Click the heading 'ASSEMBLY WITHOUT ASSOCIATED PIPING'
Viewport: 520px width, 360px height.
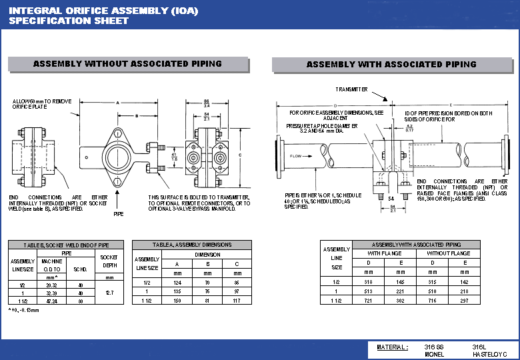[x=127, y=64]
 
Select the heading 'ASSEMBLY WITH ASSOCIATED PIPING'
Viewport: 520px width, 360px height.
[x=391, y=65]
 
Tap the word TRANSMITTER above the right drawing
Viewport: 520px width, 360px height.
[x=351, y=89]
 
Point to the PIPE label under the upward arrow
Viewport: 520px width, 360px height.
[x=118, y=215]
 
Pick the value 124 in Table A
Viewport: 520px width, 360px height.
[x=176, y=283]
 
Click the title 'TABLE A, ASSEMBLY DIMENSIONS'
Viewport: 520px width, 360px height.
[x=192, y=245]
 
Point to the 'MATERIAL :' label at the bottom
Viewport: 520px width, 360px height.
[x=391, y=347]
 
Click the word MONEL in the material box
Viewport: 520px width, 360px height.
[x=434, y=355]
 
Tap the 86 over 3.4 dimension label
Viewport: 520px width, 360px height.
[x=206, y=103]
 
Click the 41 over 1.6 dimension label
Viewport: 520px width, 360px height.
[x=175, y=157]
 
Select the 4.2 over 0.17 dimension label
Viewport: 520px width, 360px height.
[x=410, y=127]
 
